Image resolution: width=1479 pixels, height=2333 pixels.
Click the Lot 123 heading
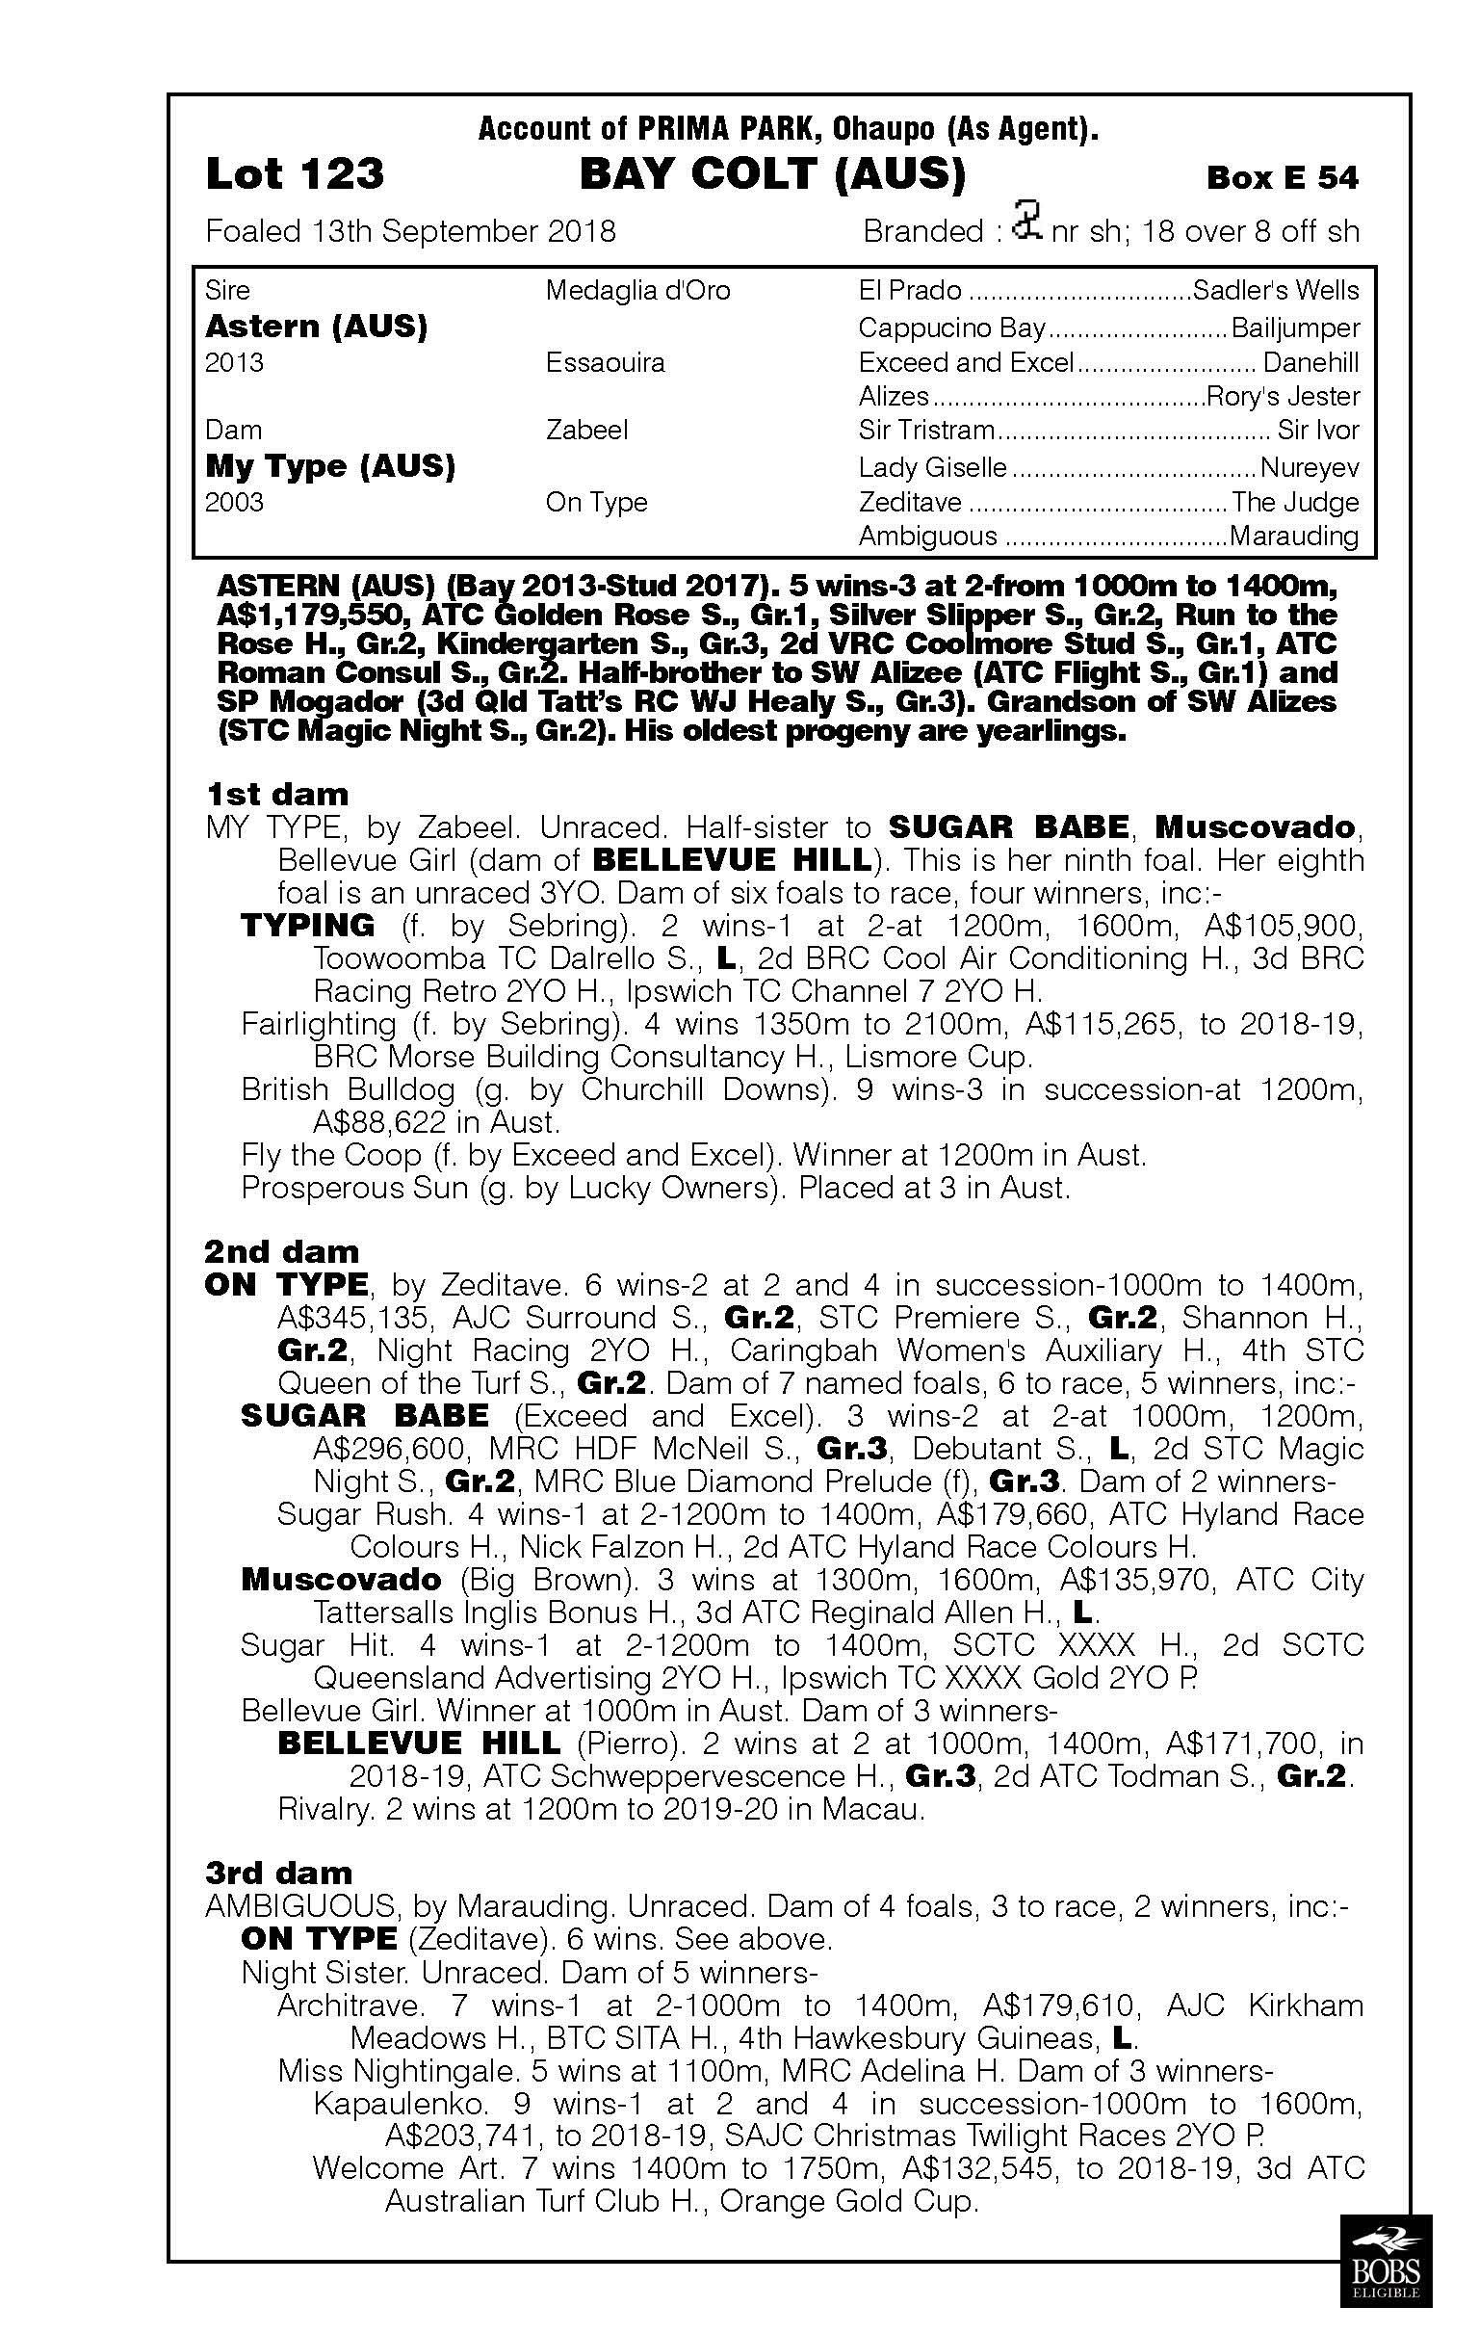295,175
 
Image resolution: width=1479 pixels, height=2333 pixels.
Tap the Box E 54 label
1282,177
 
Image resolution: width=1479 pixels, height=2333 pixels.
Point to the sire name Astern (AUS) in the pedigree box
316,327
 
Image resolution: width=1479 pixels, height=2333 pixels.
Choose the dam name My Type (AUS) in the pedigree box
330,466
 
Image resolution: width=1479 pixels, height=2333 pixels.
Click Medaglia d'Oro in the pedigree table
637,291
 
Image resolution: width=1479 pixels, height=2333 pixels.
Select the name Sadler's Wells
1276,291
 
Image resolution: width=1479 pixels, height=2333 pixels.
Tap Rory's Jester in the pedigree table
1283,396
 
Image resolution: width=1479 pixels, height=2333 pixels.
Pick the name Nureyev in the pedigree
1309,469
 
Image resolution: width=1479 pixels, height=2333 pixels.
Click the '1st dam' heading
277,795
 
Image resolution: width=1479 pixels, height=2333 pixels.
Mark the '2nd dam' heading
281,1252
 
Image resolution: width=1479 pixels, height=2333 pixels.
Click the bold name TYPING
307,926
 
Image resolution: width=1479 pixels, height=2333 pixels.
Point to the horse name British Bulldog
348,1090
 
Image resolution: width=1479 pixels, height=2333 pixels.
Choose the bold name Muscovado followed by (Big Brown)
341,1579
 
